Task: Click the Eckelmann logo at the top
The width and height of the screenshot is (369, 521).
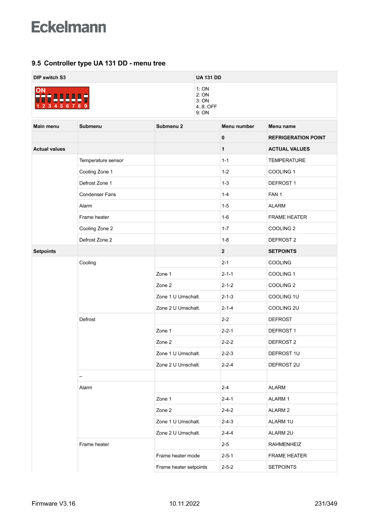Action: coord(69,27)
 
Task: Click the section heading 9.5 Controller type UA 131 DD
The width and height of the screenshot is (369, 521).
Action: coord(98,63)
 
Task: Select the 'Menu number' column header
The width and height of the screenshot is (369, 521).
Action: coord(238,126)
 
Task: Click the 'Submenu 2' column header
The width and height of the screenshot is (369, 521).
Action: coord(170,126)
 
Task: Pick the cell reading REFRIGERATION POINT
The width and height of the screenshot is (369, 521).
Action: coord(297,138)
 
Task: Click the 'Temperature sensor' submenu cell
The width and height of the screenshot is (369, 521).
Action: coord(101,160)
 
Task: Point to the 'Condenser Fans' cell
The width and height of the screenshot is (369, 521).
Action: coord(97,194)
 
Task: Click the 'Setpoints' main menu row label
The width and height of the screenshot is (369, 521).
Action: coord(45,251)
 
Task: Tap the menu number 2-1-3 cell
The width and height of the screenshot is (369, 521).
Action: coord(227,296)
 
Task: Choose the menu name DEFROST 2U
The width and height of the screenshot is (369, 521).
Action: coord(284,365)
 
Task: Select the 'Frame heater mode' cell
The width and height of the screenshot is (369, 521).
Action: coord(178,455)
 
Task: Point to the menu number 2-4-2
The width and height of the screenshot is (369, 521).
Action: coord(227,410)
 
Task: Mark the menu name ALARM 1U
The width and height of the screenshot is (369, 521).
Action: coord(281,422)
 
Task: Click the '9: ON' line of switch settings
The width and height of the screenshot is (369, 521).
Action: coord(203,113)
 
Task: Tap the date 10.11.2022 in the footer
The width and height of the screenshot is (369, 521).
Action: coord(184,504)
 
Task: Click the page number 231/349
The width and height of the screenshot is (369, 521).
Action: coord(326,504)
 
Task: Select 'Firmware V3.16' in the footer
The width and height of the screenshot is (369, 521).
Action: coord(54,504)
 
